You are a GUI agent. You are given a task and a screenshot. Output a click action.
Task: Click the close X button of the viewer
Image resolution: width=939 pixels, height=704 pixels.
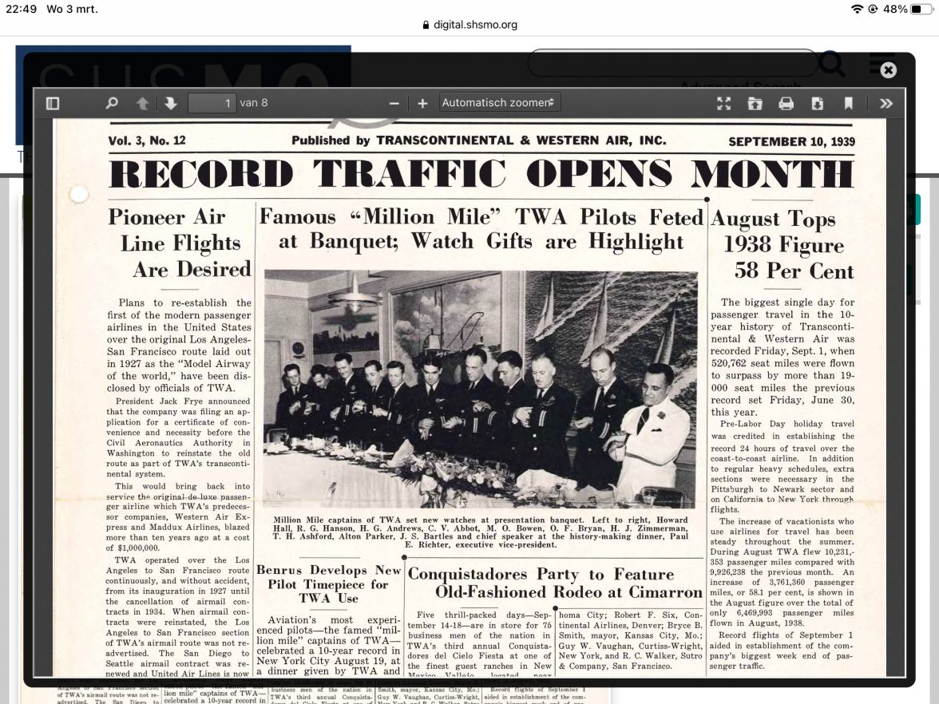[x=888, y=70]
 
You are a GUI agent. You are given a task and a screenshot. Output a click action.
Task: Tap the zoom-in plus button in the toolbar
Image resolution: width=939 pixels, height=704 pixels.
[x=422, y=103]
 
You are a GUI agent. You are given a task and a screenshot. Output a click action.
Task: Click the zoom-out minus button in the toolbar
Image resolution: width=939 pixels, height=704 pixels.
[x=394, y=103]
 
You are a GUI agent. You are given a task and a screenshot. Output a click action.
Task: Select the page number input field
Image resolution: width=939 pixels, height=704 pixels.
[x=212, y=103]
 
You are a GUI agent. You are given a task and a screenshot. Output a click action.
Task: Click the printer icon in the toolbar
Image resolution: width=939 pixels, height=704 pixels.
[x=786, y=103]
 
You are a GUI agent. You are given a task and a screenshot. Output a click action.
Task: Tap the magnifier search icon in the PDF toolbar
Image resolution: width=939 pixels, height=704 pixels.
[x=112, y=103]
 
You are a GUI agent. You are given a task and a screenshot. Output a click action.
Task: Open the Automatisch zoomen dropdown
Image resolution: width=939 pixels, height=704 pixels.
[x=501, y=103]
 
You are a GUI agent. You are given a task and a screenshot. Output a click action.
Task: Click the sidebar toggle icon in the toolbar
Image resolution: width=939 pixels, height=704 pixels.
[x=53, y=103]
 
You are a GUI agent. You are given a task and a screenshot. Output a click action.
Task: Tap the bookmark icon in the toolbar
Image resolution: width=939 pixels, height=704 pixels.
[x=848, y=103]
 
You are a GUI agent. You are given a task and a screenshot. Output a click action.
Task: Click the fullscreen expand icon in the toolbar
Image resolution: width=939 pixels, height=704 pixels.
[x=723, y=103]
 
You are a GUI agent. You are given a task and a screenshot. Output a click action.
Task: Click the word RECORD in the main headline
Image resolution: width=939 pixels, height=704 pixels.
[x=200, y=175]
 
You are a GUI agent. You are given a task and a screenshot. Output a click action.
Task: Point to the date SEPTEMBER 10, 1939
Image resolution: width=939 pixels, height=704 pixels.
[x=791, y=141]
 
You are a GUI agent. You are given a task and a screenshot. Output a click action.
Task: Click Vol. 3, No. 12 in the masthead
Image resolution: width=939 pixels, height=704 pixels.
[x=147, y=140]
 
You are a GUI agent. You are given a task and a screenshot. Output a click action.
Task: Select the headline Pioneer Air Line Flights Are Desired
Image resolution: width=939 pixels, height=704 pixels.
[x=180, y=243]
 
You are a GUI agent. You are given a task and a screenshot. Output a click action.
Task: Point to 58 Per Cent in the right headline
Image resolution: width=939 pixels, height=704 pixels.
[x=794, y=271]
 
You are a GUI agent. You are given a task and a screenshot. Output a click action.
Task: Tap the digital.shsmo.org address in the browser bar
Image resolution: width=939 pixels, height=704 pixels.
[x=475, y=25]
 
